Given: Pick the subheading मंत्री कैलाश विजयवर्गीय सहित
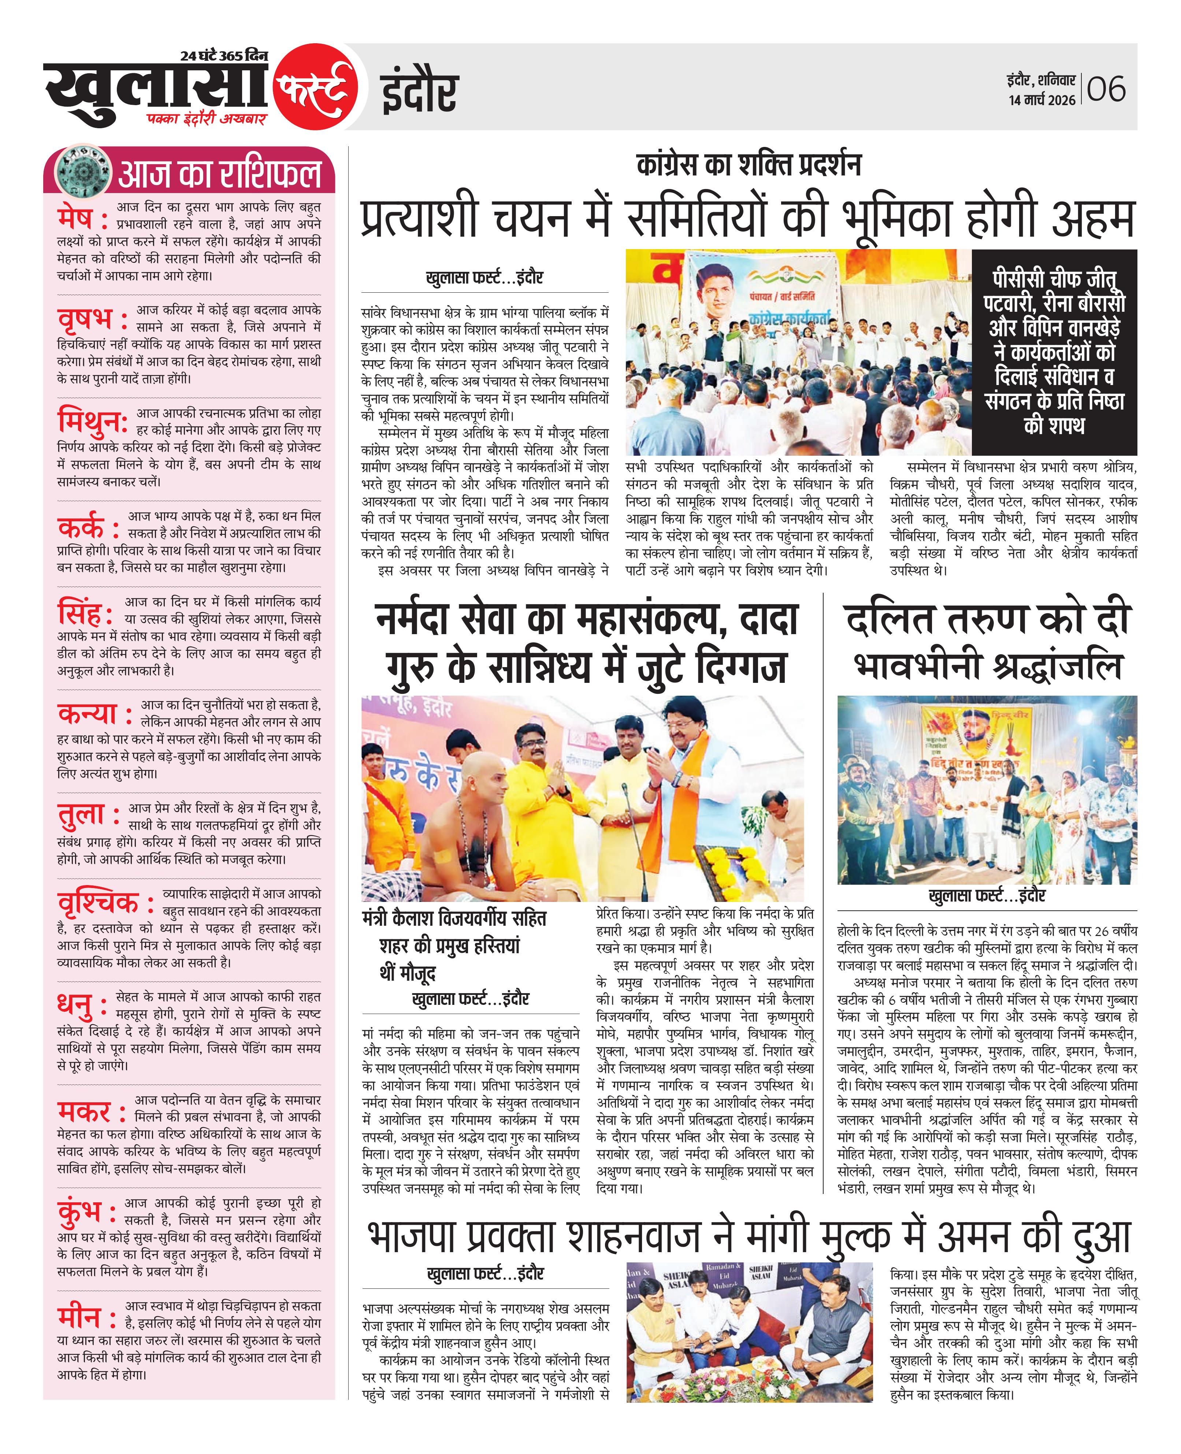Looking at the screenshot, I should (454, 918).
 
